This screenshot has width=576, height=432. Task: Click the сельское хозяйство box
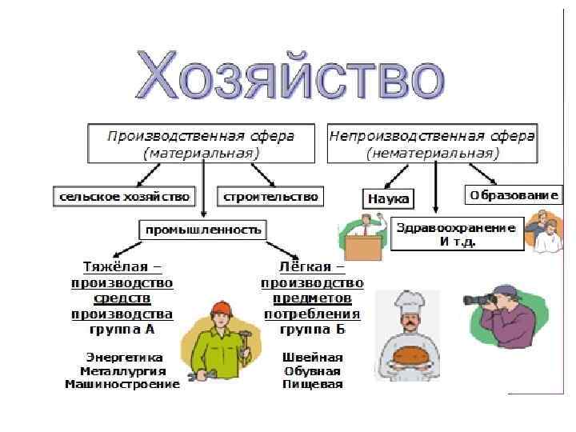[124, 195]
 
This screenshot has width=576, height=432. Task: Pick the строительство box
[270, 195]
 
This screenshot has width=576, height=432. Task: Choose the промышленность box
[202, 230]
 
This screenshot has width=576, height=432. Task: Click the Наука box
[388, 198]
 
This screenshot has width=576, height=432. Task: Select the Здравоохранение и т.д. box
[457, 234]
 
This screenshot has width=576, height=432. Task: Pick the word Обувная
[312, 370]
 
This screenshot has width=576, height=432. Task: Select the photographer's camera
[482, 300]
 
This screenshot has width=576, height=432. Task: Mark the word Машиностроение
[122, 384]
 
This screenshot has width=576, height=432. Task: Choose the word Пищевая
[312, 384]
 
